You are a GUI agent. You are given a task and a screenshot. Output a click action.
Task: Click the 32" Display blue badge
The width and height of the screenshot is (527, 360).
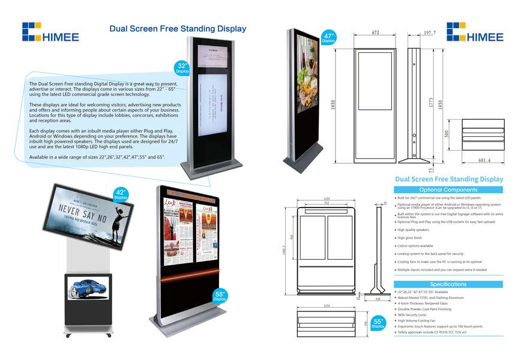[x=182, y=67]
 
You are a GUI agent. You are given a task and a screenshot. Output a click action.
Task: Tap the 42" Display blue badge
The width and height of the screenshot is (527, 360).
[x=121, y=194]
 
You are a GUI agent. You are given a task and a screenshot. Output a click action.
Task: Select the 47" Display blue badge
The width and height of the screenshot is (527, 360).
[x=328, y=38]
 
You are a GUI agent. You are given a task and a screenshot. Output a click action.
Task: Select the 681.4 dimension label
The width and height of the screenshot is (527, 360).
[x=484, y=160]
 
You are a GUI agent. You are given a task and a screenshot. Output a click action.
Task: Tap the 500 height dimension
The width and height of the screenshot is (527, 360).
[x=447, y=133]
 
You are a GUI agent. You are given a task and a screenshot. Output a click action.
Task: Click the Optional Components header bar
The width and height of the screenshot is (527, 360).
[x=448, y=190]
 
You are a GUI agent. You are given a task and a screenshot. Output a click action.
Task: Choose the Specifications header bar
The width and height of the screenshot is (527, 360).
[x=448, y=284]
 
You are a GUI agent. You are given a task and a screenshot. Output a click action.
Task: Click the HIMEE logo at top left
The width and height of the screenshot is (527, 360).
[x=50, y=32]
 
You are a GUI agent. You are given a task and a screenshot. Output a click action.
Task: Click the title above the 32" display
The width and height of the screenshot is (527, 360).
[x=177, y=28]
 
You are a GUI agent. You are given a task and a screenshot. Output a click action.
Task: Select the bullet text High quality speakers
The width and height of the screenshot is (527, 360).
[x=414, y=230]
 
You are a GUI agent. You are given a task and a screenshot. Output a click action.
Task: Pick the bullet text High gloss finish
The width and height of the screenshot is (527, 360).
[x=410, y=238]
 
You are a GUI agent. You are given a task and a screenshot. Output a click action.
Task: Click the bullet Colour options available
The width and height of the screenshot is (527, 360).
[x=415, y=246]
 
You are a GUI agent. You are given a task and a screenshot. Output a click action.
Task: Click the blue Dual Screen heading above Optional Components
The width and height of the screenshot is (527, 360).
[x=448, y=179]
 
